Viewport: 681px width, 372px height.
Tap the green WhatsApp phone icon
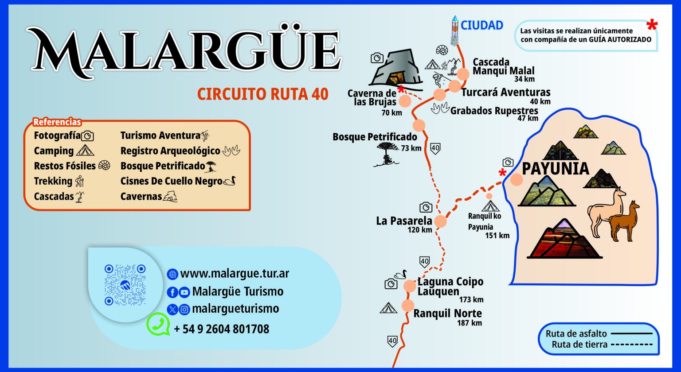point(158,324)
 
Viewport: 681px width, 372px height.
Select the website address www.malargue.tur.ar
point(235,274)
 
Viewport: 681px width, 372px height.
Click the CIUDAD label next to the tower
point(482,25)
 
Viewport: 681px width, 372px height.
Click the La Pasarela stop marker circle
point(440,221)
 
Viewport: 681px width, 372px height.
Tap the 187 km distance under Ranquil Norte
point(469,323)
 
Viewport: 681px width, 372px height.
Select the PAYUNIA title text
point(556,169)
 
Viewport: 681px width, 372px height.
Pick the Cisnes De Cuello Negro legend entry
point(178,181)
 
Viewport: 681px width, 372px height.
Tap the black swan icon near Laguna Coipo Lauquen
point(401,274)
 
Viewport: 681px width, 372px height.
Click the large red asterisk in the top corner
point(652,26)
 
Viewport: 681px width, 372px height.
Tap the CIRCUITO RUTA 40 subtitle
point(263,94)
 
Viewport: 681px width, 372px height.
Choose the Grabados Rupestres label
point(494,111)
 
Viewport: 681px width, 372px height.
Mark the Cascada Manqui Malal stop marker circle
point(463,74)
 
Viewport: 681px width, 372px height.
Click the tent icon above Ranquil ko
point(491,206)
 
